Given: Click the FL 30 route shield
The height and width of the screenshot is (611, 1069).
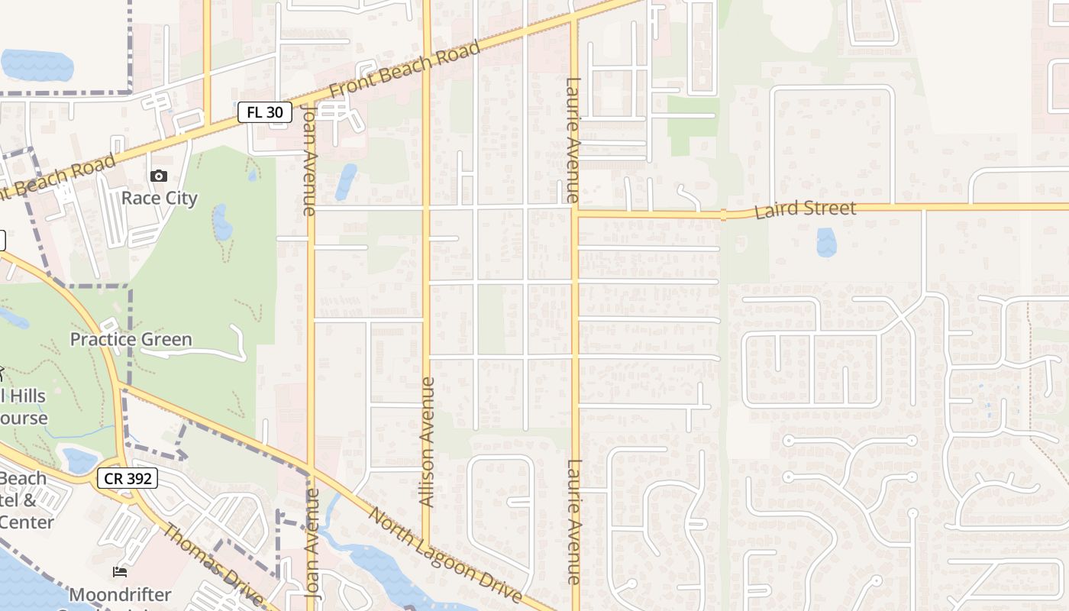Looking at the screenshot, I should [x=265, y=112].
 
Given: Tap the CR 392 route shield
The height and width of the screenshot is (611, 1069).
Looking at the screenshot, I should [x=128, y=479].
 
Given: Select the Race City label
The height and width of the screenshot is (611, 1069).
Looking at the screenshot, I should [x=160, y=199].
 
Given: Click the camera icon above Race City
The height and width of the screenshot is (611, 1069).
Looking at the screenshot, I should [x=159, y=176].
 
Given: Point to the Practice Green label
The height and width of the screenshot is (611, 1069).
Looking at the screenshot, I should [x=131, y=339].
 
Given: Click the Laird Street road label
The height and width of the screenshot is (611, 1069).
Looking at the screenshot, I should [x=805, y=209].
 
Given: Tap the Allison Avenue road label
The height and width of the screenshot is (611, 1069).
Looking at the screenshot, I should [x=428, y=441].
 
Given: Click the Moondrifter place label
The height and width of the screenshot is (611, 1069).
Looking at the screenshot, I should [x=121, y=594].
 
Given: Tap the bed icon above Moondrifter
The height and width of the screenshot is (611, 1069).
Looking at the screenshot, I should [x=120, y=572].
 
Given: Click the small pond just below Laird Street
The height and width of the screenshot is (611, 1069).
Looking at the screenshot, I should [x=826, y=242].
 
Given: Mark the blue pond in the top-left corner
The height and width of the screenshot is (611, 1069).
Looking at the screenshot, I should [x=37, y=65].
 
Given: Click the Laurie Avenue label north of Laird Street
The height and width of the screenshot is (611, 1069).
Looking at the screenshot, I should [x=573, y=140].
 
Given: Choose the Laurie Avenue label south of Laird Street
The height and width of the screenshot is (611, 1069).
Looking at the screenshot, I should [x=575, y=522].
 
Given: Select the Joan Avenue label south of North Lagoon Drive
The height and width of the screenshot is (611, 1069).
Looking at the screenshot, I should [x=311, y=542].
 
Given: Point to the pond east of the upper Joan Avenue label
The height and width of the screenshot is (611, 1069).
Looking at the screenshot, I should [x=346, y=182].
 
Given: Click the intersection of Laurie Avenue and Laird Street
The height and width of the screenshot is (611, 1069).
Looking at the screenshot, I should [x=575, y=212].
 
